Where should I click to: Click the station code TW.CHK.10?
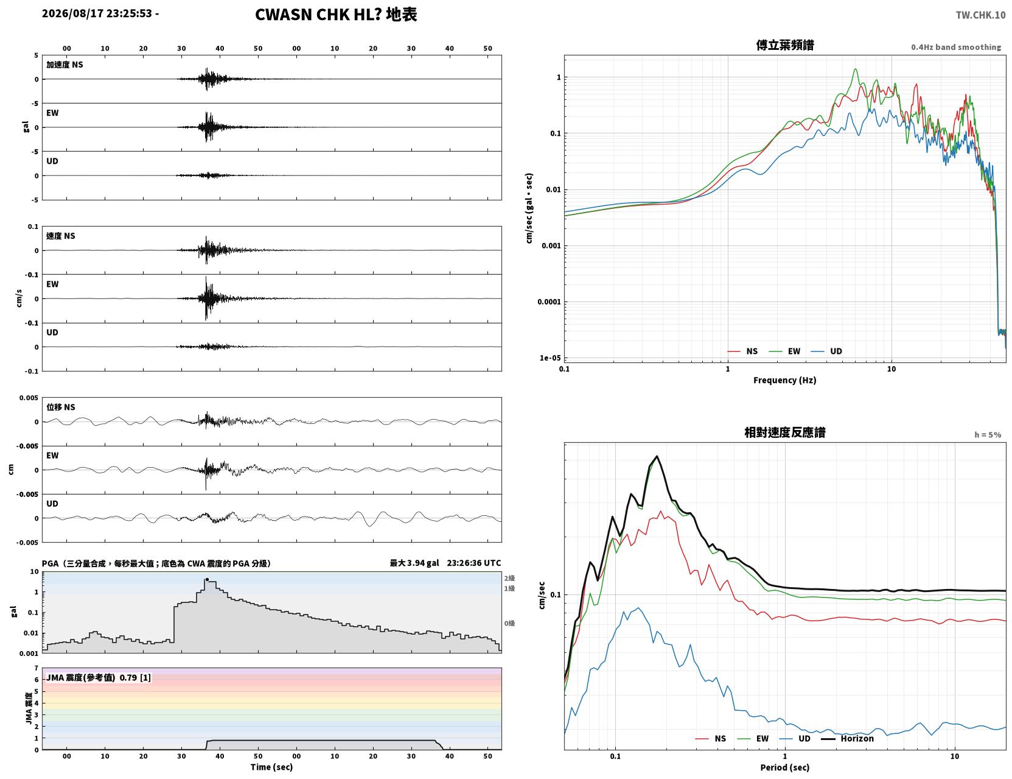click(980, 15)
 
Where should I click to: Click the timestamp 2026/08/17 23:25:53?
click(97, 13)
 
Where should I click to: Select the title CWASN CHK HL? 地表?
click(336, 15)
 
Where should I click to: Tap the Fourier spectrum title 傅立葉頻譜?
click(785, 45)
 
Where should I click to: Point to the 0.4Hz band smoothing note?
click(955, 47)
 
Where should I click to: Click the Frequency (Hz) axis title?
click(785, 380)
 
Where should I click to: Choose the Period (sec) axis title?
click(785, 767)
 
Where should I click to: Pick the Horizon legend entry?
click(848, 738)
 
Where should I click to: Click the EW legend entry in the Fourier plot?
click(785, 351)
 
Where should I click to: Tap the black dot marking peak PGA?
click(208, 580)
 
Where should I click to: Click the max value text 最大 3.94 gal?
click(414, 563)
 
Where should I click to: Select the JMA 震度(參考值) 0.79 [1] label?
click(98, 677)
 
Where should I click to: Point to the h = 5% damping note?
click(987, 435)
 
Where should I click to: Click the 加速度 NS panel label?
click(65, 65)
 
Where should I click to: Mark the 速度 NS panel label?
click(60, 236)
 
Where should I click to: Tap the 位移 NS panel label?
click(60, 407)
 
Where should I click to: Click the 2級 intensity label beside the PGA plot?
click(509, 578)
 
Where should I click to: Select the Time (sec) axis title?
click(271, 767)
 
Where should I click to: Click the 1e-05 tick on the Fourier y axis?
click(550, 358)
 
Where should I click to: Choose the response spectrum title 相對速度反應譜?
click(785, 432)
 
